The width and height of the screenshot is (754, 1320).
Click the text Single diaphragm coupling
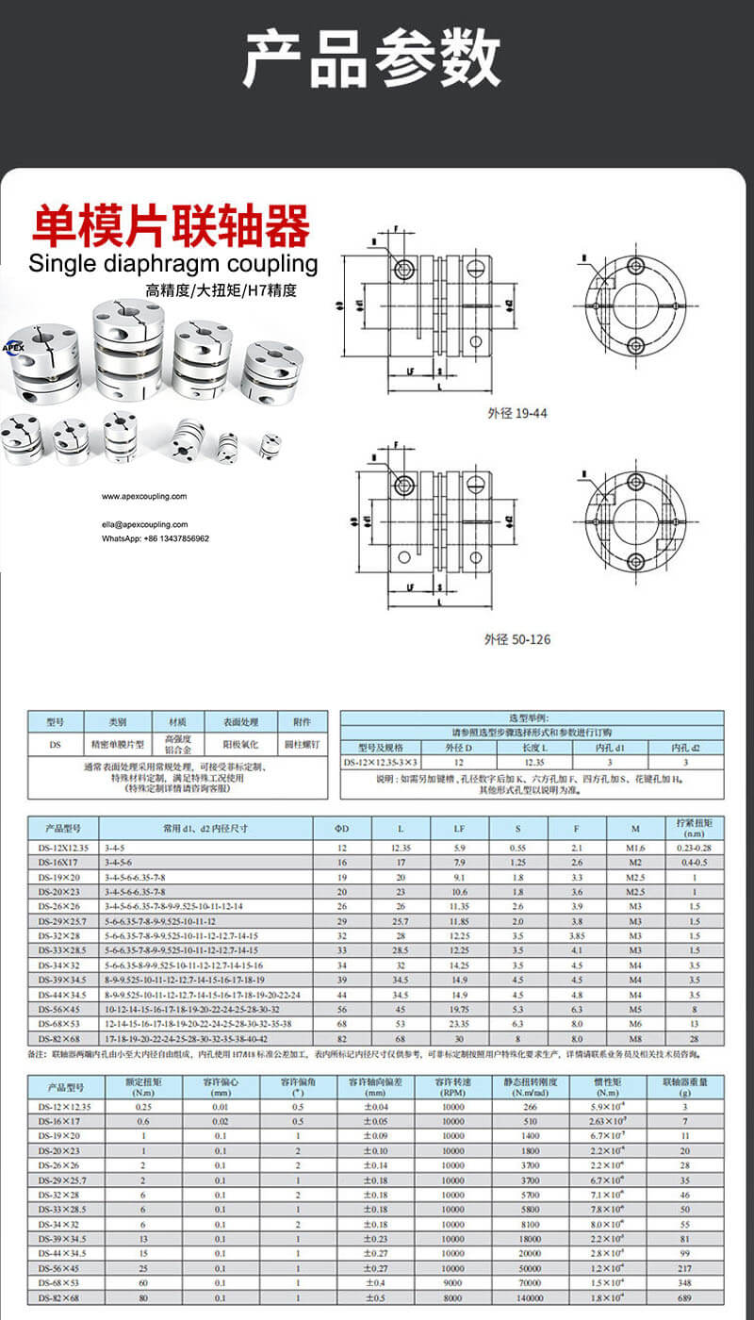(173, 263)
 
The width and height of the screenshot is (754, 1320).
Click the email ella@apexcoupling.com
(145, 524)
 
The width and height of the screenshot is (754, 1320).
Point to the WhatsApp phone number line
(156, 538)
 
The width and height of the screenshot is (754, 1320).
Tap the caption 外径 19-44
(517, 412)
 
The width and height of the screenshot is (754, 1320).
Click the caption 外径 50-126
(517, 639)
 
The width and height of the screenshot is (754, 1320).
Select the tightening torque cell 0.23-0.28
(695, 849)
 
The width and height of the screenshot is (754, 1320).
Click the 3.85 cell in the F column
(577, 936)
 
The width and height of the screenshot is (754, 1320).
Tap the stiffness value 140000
(531, 1298)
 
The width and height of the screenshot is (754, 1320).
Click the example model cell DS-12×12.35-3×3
(381, 762)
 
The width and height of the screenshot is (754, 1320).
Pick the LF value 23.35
(459, 1023)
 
